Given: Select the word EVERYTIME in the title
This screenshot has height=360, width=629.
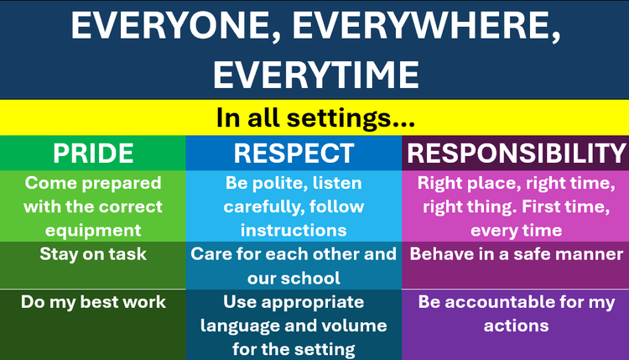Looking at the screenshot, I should (x=314, y=73).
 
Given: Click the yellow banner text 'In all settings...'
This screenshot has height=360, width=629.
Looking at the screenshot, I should (x=314, y=117).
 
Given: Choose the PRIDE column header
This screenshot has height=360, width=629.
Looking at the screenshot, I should (x=93, y=154).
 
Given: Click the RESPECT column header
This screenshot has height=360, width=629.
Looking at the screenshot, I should (x=294, y=154).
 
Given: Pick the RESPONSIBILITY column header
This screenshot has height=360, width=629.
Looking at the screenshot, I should (x=516, y=154).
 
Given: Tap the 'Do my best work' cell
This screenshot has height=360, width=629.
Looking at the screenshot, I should (x=93, y=301).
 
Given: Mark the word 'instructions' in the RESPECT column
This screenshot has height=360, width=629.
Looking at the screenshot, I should (x=294, y=229).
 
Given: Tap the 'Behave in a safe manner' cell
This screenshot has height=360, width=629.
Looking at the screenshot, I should (x=516, y=254).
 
